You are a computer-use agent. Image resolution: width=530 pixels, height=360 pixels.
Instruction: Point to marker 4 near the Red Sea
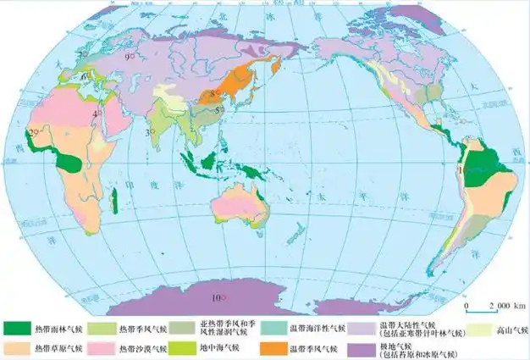click(99, 113)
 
